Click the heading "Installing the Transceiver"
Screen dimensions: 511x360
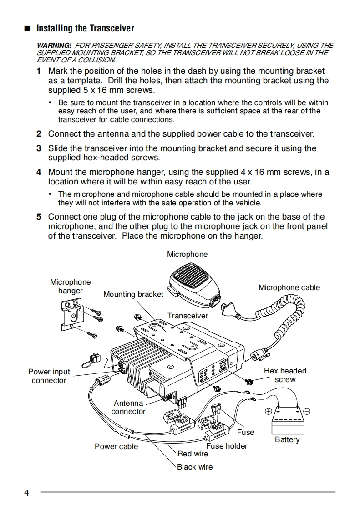pos(85,28)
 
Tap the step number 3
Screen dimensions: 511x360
pos(39,148)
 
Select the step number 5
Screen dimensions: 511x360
pos(39,217)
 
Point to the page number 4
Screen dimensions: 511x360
pos(26,493)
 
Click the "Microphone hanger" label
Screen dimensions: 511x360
pos(70,286)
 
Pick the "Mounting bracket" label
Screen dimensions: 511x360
pos(133,294)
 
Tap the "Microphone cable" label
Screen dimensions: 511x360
pos(289,287)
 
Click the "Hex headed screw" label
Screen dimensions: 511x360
pos(285,375)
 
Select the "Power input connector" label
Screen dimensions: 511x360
pos(49,376)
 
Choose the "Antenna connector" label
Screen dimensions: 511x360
pos(128,407)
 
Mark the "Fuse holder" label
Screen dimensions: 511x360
pos(227,446)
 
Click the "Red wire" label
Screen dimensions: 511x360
pos(193,454)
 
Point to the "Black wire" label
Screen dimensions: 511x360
pos(195,467)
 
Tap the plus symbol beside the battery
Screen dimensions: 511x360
pos(269,411)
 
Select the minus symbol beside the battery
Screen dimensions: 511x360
pos(307,411)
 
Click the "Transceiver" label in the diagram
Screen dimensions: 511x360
pos(188,316)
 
